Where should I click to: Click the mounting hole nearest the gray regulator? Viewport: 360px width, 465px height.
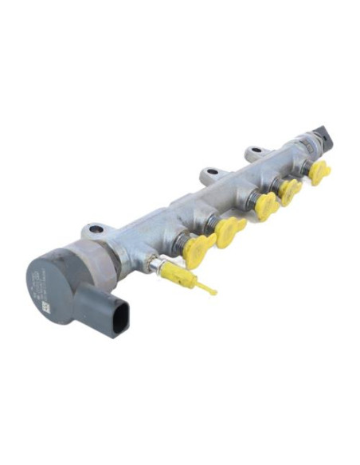pos(96,230)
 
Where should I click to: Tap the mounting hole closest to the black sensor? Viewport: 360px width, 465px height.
pos(253,150)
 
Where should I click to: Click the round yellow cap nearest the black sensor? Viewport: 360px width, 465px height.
pos(319,171)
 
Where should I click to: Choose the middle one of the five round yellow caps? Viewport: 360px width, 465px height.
pos(267,205)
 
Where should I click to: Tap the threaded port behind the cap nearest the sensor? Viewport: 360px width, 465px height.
pos(305,165)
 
